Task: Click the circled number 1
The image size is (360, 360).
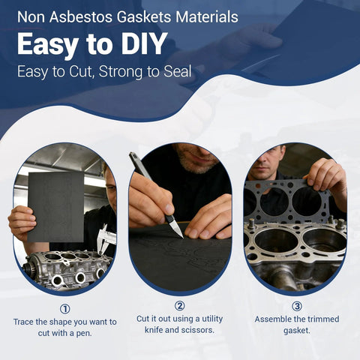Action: click(x=65, y=307)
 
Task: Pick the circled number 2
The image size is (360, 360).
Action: click(x=179, y=305)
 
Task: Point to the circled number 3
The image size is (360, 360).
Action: click(x=296, y=306)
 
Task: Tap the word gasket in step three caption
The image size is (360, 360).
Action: click(x=296, y=331)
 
